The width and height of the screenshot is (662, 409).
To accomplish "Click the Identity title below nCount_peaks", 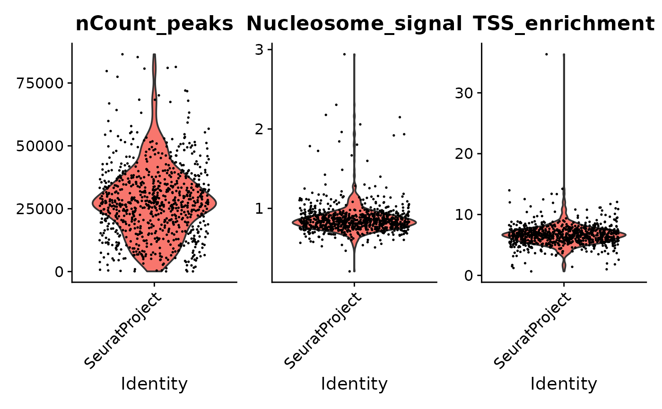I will click(x=154, y=384).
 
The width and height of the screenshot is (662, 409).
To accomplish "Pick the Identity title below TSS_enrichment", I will click(x=564, y=384).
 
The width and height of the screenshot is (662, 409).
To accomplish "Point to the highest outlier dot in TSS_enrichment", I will click(x=546, y=54).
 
